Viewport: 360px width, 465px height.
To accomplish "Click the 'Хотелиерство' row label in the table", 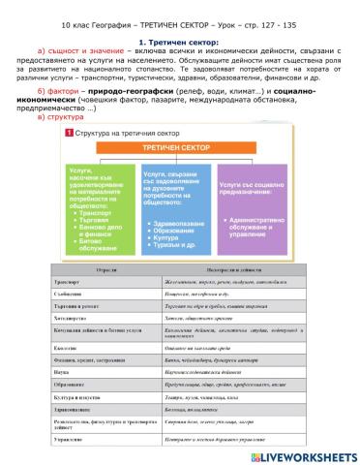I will point(94,342).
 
